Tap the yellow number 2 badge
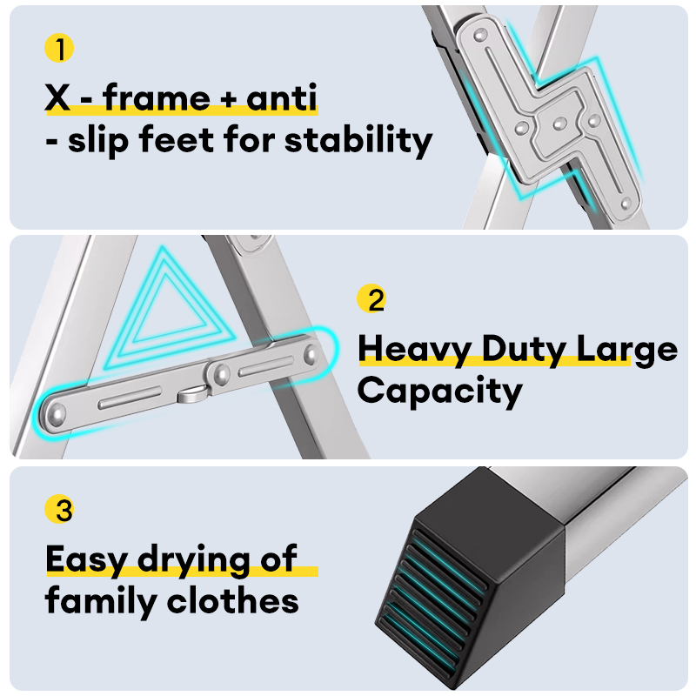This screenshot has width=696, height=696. pyautogui.click(x=371, y=300)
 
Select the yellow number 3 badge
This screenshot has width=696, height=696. pyautogui.click(x=59, y=510)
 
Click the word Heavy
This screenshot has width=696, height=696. pyautogui.click(x=406, y=349)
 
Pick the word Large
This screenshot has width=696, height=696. pyautogui.click(x=628, y=351)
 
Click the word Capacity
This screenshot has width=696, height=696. pyautogui.click(x=439, y=391)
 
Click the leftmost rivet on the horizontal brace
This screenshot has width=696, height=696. pyautogui.click(x=57, y=412)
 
